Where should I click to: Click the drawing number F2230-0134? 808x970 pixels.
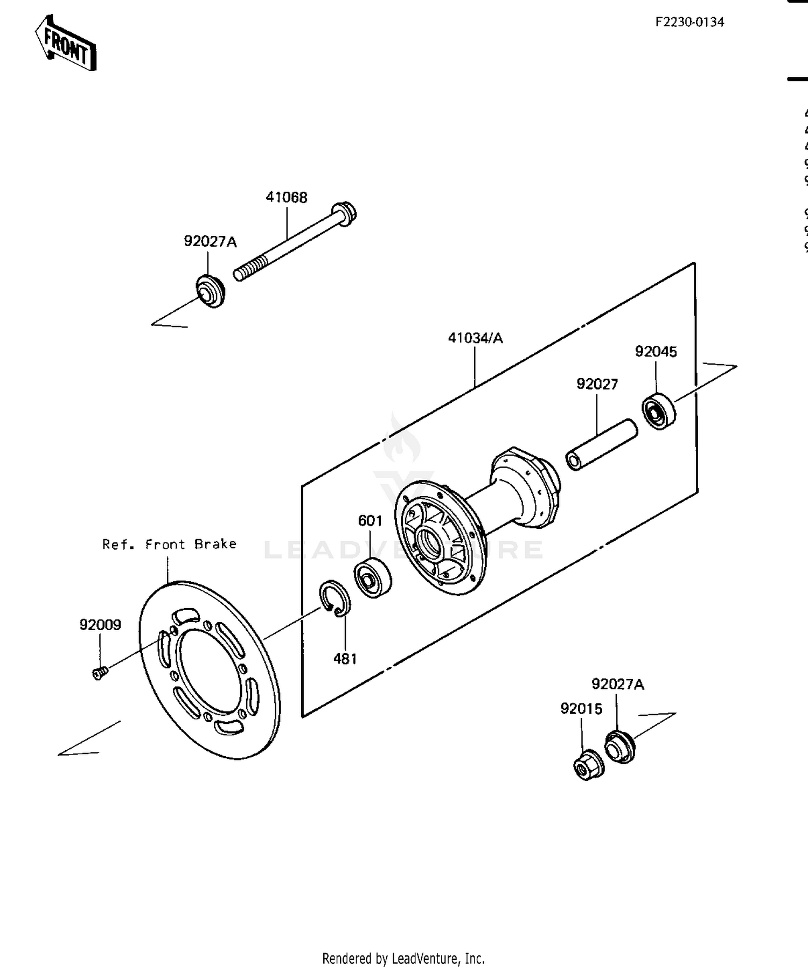[x=689, y=22]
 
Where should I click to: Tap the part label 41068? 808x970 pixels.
[x=287, y=197]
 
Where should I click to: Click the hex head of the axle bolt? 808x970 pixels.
[x=345, y=213]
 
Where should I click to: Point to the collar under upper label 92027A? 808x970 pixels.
[x=210, y=291]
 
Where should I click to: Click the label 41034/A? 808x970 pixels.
[x=475, y=338]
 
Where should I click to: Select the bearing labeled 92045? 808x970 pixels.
[x=659, y=411]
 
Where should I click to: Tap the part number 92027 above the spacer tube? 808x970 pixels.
[x=597, y=384]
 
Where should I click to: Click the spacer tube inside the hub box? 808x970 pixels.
[x=601, y=445]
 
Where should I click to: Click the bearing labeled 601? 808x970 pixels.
[x=373, y=577]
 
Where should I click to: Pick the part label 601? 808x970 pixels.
[x=370, y=521]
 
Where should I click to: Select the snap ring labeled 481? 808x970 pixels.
[x=335, y=598]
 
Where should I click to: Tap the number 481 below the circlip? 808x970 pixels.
[x=345, y=659]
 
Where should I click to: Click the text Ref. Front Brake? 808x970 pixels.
[x=169, y=544]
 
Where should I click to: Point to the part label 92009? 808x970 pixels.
[x=100, y=625]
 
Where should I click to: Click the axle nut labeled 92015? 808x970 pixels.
[x=588, y=764]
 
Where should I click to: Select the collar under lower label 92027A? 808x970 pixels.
[x=620, y=746]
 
